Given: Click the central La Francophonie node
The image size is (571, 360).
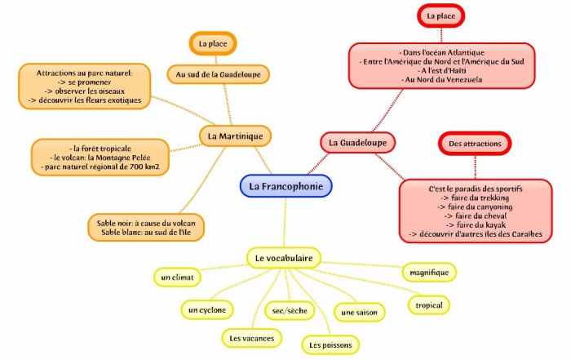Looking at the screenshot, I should pos(285,186).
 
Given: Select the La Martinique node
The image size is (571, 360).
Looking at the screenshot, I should pos(235,136).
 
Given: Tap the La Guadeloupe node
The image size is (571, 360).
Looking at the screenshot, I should pos(357,142).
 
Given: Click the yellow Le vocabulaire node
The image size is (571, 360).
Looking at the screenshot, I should pos(283,258).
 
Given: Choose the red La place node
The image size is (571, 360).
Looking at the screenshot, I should pos(441,16).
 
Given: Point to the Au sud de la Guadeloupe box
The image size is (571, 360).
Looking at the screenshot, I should pos(217,74).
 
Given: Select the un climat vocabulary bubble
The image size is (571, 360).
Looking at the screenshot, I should pos(177,278).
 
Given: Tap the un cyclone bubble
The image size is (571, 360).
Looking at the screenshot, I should pos(206,309).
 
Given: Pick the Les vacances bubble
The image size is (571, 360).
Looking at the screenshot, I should pos(252,336).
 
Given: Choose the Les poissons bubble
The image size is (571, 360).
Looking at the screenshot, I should pos(330,345).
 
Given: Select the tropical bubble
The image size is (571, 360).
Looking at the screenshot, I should pos(429,305).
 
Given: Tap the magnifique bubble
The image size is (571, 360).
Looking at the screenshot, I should pos(429,271).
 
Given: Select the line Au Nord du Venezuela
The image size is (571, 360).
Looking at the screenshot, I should pos(441,79).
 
